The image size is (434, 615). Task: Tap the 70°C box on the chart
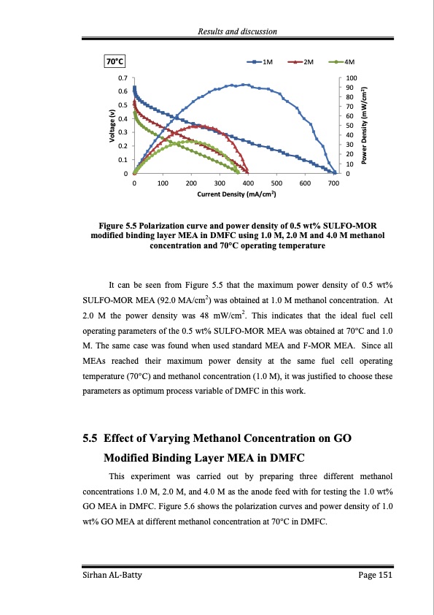click(x=115, y=62)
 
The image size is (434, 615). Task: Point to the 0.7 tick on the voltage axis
click(x=123, y=77)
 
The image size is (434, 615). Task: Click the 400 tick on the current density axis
click(x=248, y=183)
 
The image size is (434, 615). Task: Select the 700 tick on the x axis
click(x=333, y=183)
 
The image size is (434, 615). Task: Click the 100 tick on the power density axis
click(x=352, y=77)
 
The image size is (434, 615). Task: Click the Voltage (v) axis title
click(x=112, y=125)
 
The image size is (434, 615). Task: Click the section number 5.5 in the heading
click(x=90, y=439)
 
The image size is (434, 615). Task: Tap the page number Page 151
click(x=376, y=576)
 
